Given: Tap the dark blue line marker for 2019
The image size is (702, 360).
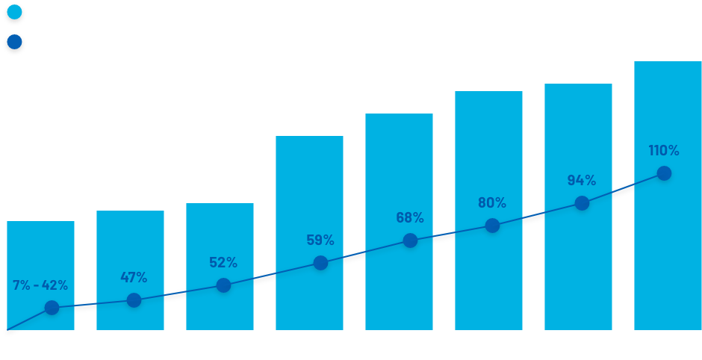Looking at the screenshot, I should point(664,173).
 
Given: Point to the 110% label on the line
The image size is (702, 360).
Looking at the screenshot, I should point(664,151).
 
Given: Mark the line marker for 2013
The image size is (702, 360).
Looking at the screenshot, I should point(134,300).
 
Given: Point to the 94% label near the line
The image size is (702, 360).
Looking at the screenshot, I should point(581,180).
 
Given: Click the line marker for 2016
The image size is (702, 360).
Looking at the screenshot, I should point(410,240).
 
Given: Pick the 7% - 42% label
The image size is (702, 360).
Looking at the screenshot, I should point(40,285).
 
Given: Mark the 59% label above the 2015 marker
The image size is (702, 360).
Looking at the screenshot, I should point(320,240).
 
